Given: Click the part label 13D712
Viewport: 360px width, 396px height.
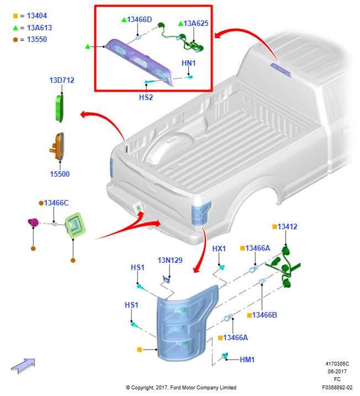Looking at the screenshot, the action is tap(62, 80).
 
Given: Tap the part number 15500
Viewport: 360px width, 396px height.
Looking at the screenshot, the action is tap(60, 174).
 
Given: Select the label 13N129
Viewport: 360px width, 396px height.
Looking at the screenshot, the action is tap(170, 260).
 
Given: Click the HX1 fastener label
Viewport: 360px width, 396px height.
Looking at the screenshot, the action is tap(219, 249).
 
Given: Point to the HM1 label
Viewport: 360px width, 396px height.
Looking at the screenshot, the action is tap(247, 360).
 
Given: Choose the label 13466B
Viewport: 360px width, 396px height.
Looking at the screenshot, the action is tap(264, 315).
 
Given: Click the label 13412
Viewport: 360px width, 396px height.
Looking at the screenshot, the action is tap(287, 226).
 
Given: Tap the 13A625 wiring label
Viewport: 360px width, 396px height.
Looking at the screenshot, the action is tap(196, 23).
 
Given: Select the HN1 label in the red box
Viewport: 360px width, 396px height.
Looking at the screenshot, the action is tap(189, 63).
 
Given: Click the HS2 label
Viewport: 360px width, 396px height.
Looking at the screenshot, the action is tap(146, 97).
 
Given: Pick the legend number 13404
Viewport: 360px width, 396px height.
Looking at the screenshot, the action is tap(37, 15).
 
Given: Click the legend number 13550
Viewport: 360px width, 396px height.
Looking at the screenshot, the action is tap(37, 39).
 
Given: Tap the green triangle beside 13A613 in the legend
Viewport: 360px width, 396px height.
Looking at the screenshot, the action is tap(15, 28).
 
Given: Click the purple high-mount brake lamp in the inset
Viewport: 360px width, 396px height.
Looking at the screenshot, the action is tap(139, 62).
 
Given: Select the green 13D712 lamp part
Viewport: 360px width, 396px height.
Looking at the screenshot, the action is tap(59, 108).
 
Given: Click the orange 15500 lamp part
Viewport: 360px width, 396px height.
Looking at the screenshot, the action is tap(57, 146).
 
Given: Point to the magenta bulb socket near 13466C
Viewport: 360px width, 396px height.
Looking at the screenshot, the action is tap(33, 223).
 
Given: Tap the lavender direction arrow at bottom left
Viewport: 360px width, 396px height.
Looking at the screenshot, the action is tap(23, 366).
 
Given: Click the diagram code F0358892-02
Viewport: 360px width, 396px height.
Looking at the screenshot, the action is tap(337, 387).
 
